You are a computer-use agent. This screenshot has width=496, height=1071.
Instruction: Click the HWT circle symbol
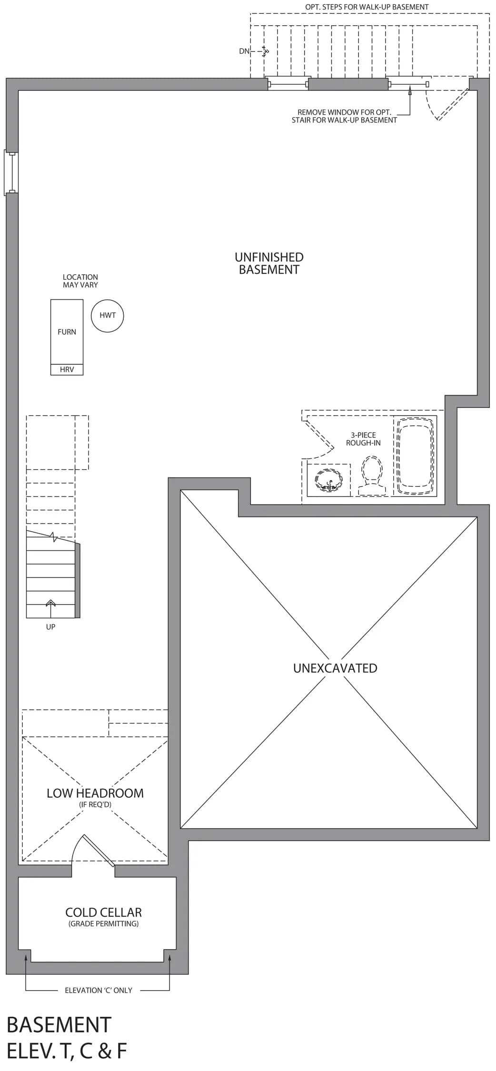[108, 316]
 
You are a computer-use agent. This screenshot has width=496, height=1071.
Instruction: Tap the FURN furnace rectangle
[67, 332]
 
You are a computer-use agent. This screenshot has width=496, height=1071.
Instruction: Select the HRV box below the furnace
[67, 370]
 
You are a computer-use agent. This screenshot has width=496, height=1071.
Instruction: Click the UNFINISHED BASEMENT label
[269, 263]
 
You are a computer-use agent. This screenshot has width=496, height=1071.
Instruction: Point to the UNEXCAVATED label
[335, 668]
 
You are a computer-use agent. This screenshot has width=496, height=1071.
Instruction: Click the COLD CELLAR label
[104, 912]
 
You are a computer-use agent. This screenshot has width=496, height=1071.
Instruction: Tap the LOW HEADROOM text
[95, 793]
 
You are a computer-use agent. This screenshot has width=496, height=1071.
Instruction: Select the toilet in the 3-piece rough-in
[372, 476]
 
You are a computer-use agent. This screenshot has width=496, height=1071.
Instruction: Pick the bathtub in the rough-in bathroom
[415, 456]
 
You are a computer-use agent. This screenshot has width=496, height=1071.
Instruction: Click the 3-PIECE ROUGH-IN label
[363, 439]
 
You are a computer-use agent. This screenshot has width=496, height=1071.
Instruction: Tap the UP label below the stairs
[50, 627]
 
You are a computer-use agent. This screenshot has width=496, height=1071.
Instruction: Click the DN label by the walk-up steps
[244, 51]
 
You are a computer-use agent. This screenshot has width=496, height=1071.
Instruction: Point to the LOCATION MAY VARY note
[80, 281]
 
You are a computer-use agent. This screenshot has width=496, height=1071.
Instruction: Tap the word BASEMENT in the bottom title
[59, 1024]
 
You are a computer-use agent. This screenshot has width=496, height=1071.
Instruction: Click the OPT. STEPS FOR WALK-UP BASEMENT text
[367, 7]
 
